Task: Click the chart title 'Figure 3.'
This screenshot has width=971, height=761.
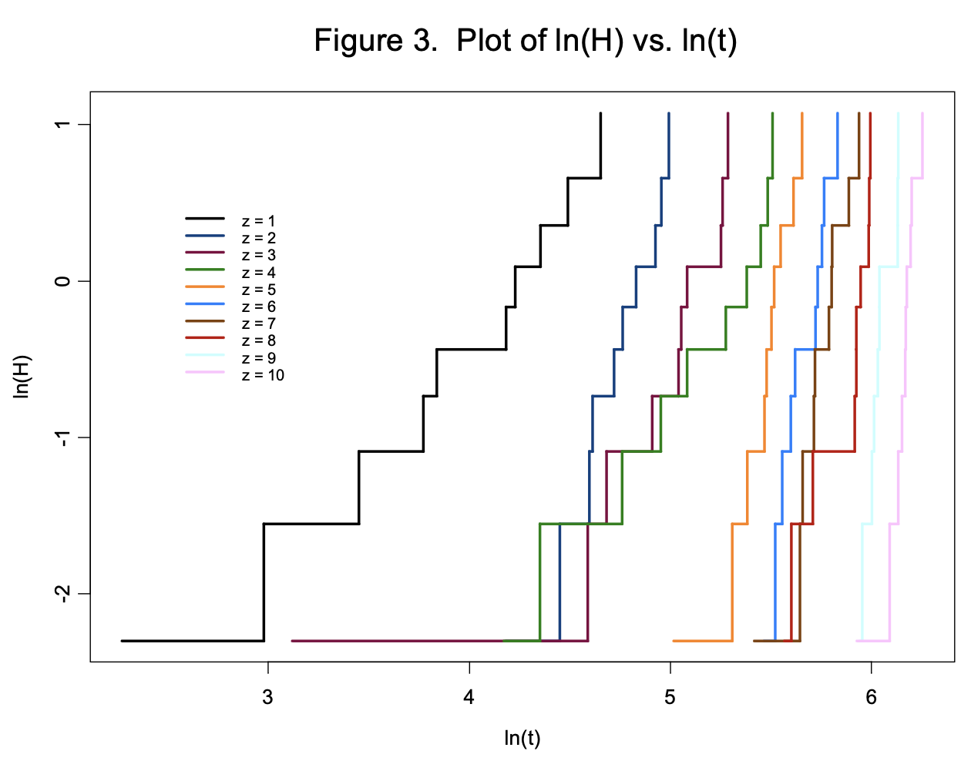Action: coord(376,41)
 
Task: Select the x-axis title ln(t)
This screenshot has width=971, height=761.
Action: coord(522,738)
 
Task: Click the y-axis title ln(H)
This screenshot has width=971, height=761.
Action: coord(22,377)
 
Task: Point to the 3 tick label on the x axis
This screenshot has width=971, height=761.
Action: coord(267,697)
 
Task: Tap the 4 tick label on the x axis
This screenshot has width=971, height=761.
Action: coord(469,697)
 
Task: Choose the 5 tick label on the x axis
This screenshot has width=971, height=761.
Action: coord(670,697)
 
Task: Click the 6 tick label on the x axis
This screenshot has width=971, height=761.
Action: coord(871,697)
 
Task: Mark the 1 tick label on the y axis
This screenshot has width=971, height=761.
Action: coord(63,125)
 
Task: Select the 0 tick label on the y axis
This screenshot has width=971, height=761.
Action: coord(63,281)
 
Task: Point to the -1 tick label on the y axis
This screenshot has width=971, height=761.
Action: coord(63,437)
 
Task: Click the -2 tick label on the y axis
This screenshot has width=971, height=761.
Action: coord(63,593)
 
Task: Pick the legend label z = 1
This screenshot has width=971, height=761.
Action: coord(258,222)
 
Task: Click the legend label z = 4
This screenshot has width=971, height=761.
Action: coord(258,273)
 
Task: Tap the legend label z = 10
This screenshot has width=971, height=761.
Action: coord(262,376)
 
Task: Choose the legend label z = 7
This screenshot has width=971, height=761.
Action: coord(258,324)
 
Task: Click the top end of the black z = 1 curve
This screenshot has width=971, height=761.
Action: coord(600,113)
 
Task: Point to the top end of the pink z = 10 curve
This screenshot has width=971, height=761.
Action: coord(922,113)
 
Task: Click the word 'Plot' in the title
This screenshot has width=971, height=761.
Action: coord(485,41)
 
